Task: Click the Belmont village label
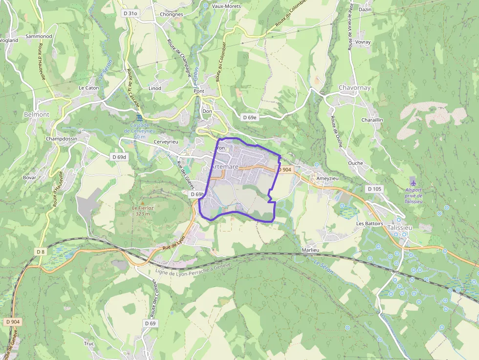click(37, 114)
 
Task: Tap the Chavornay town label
click(354, 88)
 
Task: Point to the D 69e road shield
click(250, 117)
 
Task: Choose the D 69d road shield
click(119, 157)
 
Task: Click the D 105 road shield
click(374, 189)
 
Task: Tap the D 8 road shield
click(40, 251)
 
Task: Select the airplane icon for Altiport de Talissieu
click(414, 183)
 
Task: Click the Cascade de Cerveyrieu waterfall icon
click(140, 117)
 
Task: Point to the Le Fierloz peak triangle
click(142, 202)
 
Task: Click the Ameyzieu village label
click(327, 179)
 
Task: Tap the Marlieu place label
click(310, 250)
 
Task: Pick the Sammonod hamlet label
click(39, 36)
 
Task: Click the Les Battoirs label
click(370, 223)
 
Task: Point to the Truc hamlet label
click(88, 343)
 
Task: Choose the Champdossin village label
click(62, 139)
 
